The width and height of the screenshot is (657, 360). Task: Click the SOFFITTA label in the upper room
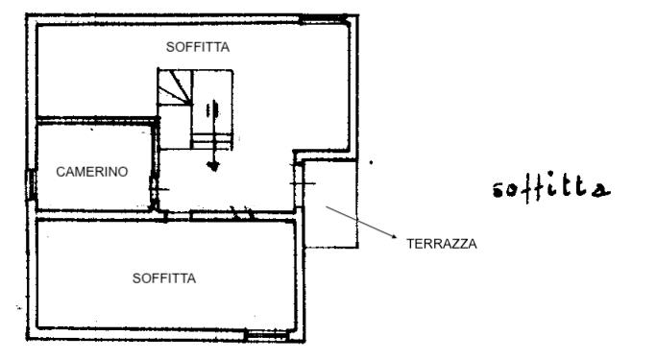197,47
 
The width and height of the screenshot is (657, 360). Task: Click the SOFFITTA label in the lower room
164,278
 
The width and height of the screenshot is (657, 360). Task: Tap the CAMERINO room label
92,172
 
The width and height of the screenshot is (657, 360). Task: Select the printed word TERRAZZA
442,244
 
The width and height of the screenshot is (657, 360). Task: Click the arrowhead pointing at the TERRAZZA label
394,236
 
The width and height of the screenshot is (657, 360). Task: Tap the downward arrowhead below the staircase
213,166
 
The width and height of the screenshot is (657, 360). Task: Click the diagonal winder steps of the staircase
175,87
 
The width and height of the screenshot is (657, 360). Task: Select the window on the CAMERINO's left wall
31,184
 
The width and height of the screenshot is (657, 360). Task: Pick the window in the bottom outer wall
266,334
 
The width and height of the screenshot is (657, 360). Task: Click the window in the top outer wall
324,18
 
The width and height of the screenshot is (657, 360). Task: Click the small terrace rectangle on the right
330,204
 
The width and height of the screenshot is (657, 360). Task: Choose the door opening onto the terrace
299,183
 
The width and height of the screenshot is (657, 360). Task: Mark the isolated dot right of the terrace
371,162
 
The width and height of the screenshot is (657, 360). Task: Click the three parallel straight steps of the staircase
211,141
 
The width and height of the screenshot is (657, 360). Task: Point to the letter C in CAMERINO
60,172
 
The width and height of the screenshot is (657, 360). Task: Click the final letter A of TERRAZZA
473,244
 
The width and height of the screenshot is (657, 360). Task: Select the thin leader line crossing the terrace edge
360,222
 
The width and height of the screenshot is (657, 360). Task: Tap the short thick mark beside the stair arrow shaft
207,110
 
